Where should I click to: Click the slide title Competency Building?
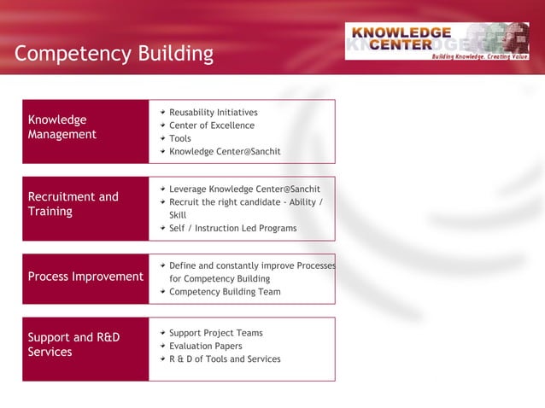pyautogui.click(x=114, y=55)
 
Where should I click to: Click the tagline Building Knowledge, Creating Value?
pyautogui.click(x=480, y=56)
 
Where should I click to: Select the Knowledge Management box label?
pyautogui.click(x=62, y=127)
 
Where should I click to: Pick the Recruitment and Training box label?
pyautogui.click(x=73, y=204)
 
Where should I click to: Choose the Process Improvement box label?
pyautogui.click(x=85, y=277)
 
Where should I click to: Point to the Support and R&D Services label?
pyautogui.click(x=73, y=344)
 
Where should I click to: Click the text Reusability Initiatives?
pyautogui.click(x=213, y=113)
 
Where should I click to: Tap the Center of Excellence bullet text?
pyautogui.click(x=211, y=125)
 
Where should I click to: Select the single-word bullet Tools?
pyautogui.click(x=180, y=138)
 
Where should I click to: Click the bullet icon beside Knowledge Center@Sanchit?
pyautogui.click(x=162, y=152)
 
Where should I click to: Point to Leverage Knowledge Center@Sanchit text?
pyautogui.click(x=244, y=189)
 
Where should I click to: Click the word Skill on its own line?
pyautogui.click(x=178, y=215)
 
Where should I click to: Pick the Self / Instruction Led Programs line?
pyautogui.click(x=232, y=228)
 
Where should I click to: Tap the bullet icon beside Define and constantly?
pyautogui.click(x=162, y=265)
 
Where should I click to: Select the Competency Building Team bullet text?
pyautogui.click(x=225, y=292)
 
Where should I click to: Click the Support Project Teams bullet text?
pyautogui.click(x=215, y=333)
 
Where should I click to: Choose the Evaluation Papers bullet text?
pyautogui.click(x=205, y=346)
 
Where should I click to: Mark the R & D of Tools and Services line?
pyautogui.click(x=225, y=359)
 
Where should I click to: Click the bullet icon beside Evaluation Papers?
pyautogui.click(x=162, y=346)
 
